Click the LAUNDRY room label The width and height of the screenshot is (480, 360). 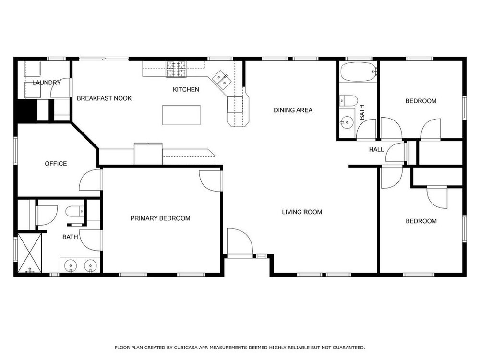47,83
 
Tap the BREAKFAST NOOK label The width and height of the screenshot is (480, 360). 104,98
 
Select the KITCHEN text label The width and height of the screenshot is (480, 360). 186,89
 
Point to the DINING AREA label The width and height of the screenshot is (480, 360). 293,110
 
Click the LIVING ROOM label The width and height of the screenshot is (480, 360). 302,212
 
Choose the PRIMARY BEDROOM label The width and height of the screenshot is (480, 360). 160,218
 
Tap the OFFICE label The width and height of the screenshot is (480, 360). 56,164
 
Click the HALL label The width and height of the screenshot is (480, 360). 376,150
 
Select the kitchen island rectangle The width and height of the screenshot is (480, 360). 181,115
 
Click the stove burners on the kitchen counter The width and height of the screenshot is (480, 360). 176,69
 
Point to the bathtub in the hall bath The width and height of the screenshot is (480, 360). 358,72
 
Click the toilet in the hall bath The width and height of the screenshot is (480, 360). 348,100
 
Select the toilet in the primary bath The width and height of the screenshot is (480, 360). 75,211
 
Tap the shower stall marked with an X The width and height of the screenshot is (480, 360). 29,253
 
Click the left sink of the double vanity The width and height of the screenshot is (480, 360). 71,264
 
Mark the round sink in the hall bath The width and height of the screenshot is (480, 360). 347,122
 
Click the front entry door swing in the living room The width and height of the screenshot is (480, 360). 240,241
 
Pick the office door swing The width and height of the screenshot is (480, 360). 90,180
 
